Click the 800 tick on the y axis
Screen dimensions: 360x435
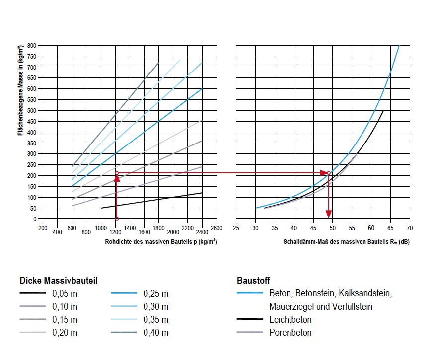tap(32, 45)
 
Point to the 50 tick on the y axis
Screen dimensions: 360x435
tap(33, 208)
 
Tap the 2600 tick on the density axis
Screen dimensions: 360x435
tap(217, 228)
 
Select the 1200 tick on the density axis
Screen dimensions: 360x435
tap(115, 232)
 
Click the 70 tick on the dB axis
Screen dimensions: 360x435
tap(410, 228)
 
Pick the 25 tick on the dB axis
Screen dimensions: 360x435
tap(236, 228)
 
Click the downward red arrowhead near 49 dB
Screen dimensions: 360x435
tap(328, 214)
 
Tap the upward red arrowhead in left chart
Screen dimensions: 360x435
tap(117, 179)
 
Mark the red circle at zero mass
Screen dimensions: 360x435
tap(117, 219)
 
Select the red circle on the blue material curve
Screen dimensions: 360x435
tap(328, 173)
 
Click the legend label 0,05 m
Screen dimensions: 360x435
tap(65, 293)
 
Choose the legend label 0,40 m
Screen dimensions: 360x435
tap(156, 332)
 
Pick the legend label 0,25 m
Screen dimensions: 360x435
tap(156, 293)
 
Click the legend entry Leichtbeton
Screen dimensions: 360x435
tap(290, 319)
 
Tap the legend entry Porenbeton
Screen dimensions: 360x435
tap(290, 332)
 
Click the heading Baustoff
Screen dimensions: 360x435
tap(254, 280)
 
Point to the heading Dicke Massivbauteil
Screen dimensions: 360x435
tap(58, 280)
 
